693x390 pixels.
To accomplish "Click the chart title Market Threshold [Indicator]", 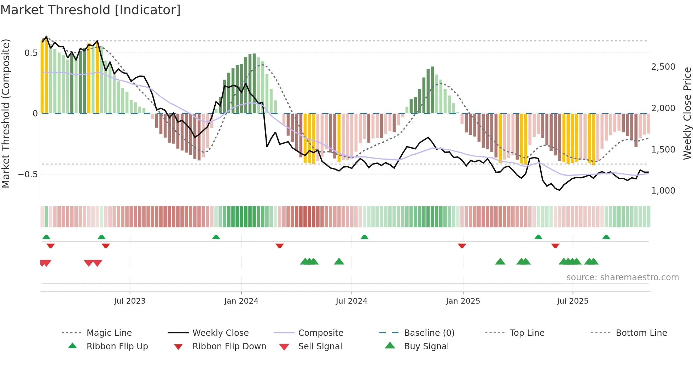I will point(91,10).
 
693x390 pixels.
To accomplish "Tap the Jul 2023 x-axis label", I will point(130,301).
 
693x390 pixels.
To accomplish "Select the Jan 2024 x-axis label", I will point(241,301).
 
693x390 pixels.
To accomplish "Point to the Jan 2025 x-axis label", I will point(463,301).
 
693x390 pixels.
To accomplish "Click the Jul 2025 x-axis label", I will point(572,301).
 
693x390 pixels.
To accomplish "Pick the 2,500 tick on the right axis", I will point(663,67).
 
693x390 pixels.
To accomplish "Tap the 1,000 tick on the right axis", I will point(663,190).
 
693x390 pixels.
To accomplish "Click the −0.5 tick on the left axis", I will point(28,174).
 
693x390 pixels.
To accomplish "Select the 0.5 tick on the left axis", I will point(31,53).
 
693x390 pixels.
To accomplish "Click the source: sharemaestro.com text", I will point(622,277).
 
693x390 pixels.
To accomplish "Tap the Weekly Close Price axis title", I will point(687,113).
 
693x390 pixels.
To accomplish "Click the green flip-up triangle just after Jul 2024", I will point(365,237).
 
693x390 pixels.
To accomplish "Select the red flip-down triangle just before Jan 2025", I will point(462,246).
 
